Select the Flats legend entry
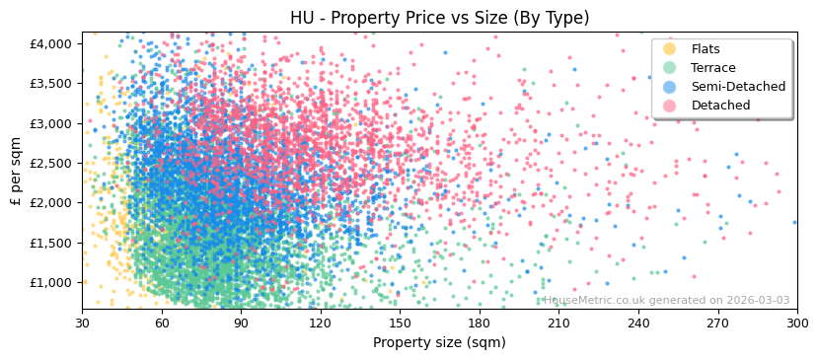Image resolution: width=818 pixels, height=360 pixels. pos(706,49)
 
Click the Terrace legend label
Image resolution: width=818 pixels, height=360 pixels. pos(713,68)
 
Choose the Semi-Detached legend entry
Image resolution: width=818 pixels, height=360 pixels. pos(738,87)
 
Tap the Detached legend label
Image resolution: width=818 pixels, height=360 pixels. pos(720,106)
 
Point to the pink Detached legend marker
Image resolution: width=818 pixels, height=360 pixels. pos(670,106)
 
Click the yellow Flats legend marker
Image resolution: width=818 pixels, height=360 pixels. pos(670,49)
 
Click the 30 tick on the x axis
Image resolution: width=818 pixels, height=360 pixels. pos(82,323)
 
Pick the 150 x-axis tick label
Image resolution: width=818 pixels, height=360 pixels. pos(400,323)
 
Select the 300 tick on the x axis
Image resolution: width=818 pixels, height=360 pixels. pos(797,323)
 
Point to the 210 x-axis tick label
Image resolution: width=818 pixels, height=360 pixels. pos(558,323)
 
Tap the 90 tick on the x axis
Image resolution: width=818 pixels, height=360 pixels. pos(241,323)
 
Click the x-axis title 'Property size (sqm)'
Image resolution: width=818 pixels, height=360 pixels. pos(439,342)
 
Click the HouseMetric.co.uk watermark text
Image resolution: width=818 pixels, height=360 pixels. pos(666,301)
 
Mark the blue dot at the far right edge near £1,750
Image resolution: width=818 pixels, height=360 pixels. pos(794,222)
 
